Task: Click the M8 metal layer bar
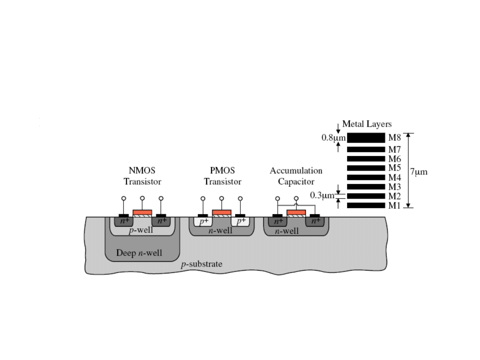coord(365,138)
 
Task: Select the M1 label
coord(395,205)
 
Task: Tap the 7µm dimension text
coord(418,172)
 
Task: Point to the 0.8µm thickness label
coord(333,138)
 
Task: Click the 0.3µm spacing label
coord(322,196)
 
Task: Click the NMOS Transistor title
coord(142,176)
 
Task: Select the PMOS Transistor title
coord(222,176)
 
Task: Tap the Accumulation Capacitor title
coord(296,176)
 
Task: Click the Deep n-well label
coord(139,253)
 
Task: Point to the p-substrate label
coord(201,264)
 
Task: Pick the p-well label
coord(141,230)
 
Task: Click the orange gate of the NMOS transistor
coord(142,212)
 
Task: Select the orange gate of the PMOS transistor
coord(222,212)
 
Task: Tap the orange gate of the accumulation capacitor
coord(296,212)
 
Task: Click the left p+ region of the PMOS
coord(203,221)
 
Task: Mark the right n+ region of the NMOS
coord(161,221)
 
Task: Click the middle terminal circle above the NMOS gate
coord(142,198)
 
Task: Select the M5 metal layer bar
coord(365,168)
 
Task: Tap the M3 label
coord(395,187)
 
